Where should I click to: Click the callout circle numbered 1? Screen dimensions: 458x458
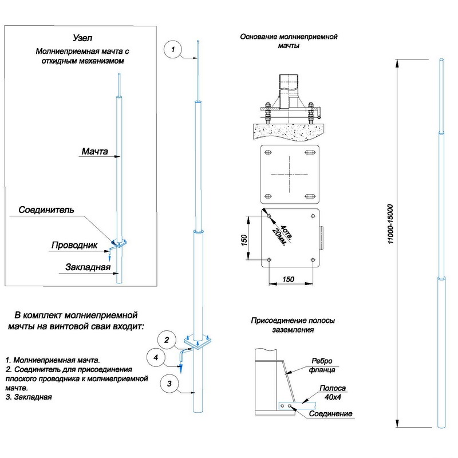[172, 50]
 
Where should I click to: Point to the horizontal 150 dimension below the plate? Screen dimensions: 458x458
[290, 279]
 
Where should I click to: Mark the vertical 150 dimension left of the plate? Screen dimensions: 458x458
[244, 239]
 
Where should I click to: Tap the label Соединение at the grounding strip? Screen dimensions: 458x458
[330, 413]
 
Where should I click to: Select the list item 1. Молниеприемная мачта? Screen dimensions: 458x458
[53, 360]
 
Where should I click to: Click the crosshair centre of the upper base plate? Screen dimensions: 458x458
[289, 173]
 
